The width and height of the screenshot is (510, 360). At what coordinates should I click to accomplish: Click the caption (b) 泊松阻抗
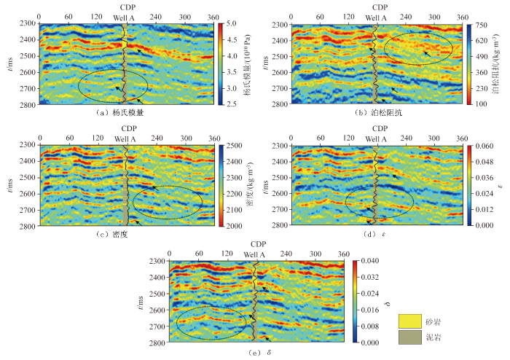click(378, 114)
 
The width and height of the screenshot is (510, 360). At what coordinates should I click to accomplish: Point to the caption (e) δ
click(252, 353)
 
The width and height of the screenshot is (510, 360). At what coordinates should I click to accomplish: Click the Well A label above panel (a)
click(125, 17)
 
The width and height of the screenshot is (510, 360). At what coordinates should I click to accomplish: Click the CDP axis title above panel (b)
click(376, 6)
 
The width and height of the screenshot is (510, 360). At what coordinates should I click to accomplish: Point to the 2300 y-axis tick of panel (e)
click(155, 261)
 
